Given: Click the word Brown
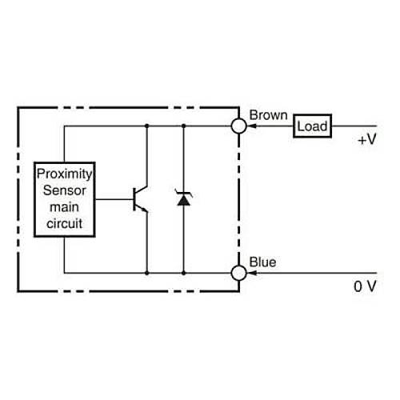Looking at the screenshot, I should pyautogui.click(x=268, y=115).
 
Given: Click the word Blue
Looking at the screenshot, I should pyautogui.click(x=263, y=262).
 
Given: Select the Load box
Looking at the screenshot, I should pyautogui.click(x=313, y=126).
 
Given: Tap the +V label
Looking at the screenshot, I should pyautogui.click(x=366, y=139).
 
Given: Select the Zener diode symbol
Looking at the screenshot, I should pyautogui.click(x=183, y=198).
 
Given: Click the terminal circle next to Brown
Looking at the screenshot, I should pyautogui.click(x=238, y=126).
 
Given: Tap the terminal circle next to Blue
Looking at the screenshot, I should pyautogui.click(x=238, y=273).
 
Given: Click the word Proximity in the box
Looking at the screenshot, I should pyautogui.click(x=64, y=174).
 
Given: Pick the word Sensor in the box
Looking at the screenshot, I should pyautogui.click(x=64, y=190).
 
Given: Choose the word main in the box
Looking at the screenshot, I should pyautogui.click(x=64, y=206).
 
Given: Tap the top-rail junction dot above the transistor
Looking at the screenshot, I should pyautogui.click(x=147, y=126).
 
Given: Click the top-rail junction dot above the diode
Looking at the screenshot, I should pyautogui.click(x=183, y=126).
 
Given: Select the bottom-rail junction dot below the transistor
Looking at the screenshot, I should pyautogui.click(x=147, y=273).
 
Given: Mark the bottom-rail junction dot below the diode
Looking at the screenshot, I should pyautogui.click(x=183, y=273).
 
